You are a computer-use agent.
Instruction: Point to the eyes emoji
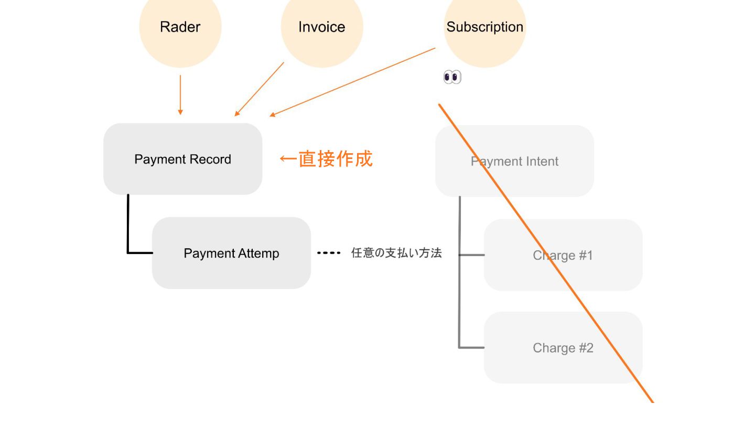[x=452, y=78]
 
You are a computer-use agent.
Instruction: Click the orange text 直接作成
[x=336, y=158]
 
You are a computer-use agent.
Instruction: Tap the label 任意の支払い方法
[x=396, y=253]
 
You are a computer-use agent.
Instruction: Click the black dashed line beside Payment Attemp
[x=329, y=253]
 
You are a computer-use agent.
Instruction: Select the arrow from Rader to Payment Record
[x=180, y=94]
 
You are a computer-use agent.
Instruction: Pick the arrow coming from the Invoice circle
[x=260, y=89]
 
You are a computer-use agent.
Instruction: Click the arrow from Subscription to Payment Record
[x=352, y=82]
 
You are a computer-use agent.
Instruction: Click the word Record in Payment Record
[x=210, y=160]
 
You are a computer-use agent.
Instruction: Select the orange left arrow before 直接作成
[x=288, y=158]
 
